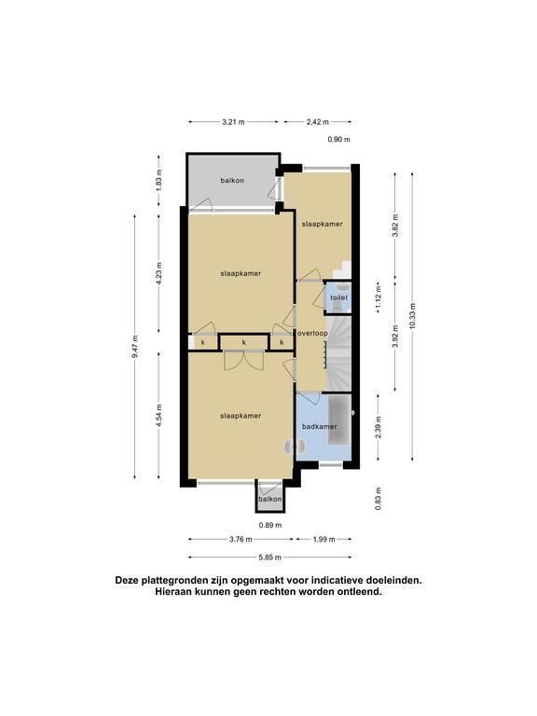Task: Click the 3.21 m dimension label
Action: (233, 122)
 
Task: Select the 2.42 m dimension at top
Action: (318, 122)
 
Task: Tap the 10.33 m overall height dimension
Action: (413, 316)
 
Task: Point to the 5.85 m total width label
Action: (269, 558)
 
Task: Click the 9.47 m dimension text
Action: (134, 347)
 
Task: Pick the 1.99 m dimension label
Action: (324, 539)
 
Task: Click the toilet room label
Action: (339, 297)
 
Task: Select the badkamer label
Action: (320, 426)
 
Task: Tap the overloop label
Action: (313, 334)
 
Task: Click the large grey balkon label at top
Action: (232, 180)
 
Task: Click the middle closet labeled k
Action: (244, 342)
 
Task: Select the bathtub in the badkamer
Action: (338, 420)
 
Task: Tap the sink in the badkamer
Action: (291, 447)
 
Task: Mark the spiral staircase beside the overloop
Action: (338, 352)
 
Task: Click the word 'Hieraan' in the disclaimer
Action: (175, 592)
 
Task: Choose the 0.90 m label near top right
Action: (338, 140)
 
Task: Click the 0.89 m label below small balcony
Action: (270, 525)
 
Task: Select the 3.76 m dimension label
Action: (241, 539)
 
